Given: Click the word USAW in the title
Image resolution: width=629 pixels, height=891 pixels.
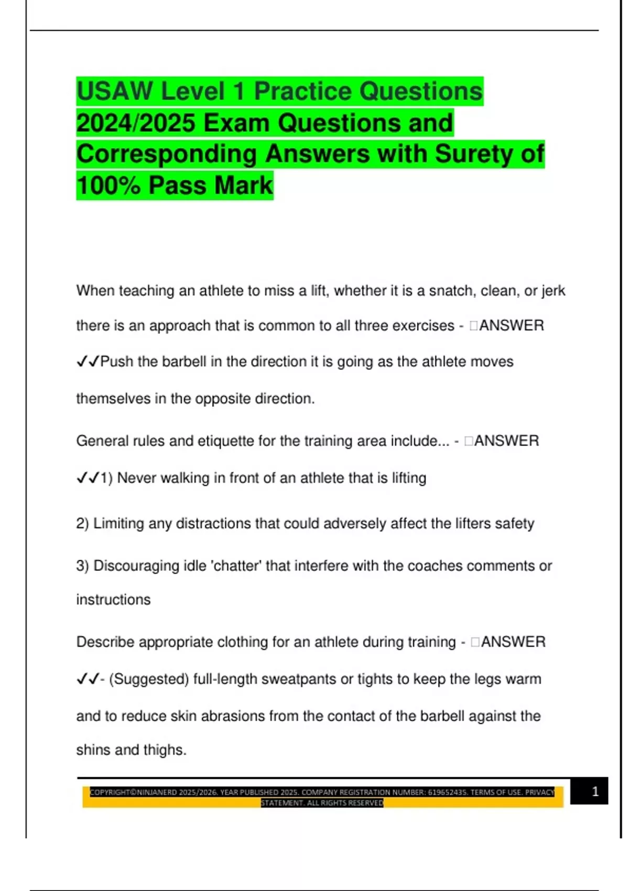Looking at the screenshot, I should pos(115,91).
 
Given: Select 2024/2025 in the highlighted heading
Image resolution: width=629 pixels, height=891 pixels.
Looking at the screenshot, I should pos(136,123).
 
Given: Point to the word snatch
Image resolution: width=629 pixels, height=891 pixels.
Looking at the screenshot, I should pos(450,290).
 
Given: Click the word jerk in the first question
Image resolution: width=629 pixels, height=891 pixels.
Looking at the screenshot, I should pos(553,290).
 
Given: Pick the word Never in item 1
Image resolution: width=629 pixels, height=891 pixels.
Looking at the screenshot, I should pos(137,478).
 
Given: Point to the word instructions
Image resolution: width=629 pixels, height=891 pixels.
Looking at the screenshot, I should pos(113,600).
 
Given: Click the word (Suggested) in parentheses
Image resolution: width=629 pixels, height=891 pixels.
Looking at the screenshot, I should pos(149,679).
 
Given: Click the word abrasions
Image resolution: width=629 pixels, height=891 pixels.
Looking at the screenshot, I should pos(233,716).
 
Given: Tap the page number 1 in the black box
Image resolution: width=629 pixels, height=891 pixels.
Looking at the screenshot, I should pos(595,791).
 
